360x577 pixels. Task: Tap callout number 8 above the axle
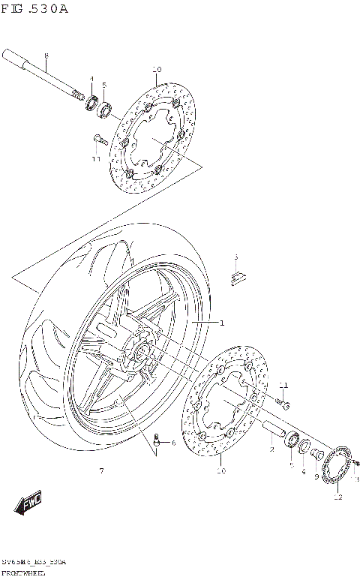[x=46, y=56]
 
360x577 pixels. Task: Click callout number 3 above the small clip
[x=235, y=257]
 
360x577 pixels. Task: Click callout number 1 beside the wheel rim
[x=222, y=323]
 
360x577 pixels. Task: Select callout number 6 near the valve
[x=173, y=443]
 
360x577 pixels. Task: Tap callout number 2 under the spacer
[x=271, y=450]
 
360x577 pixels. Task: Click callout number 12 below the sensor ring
[x=337, y=496]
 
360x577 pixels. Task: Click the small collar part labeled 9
[x=318, y=455]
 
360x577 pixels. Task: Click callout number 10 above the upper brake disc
[x=156, y=70]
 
